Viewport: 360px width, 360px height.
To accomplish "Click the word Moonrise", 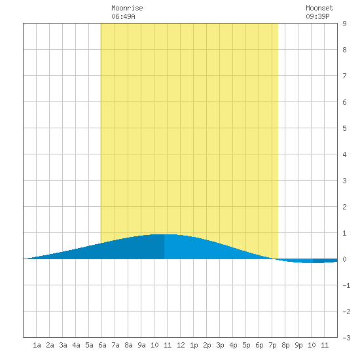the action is coord(127,8).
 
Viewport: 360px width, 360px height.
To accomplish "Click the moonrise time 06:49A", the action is coord(123,16).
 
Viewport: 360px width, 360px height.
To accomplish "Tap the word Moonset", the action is coord(319,8).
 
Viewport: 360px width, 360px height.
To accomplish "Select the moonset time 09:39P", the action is coord(317,16).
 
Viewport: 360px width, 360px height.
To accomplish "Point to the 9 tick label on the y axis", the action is coord(344,24).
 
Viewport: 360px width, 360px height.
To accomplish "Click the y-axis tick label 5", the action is coord(344,128).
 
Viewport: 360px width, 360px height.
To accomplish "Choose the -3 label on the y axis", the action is coord(346,338).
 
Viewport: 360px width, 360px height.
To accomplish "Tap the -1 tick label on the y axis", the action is coord(346,285).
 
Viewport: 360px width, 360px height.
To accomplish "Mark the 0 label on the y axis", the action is coord(344,259).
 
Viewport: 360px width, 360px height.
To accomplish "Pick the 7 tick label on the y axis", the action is coord(344,76).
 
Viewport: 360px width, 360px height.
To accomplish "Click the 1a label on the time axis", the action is coord(37,345).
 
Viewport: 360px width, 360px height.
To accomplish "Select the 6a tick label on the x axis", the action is coord(102,345).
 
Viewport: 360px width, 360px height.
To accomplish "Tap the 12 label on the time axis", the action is coord(181,345).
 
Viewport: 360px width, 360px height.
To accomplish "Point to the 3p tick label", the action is coord(220,345).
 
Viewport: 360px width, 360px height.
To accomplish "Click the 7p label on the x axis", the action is coord(272,345).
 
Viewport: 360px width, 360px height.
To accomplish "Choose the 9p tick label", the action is coord(298,345).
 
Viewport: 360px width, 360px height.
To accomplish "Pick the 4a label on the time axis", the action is coord(76,345).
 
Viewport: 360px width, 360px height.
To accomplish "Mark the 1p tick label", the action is coord(194,345).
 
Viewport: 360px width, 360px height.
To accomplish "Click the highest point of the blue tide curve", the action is coord(164,234).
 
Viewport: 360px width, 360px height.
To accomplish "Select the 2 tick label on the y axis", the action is coord(344,207).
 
